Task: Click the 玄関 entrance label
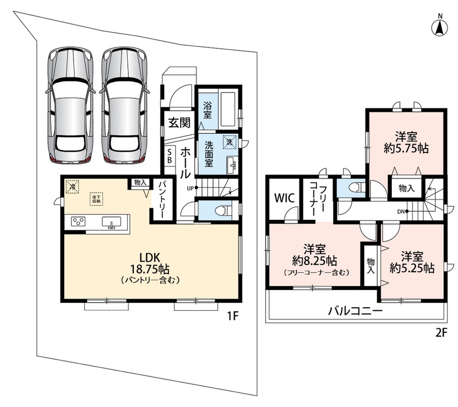[x=179, y=123]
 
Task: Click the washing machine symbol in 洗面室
[x=230, y=142]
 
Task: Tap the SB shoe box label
[x=169, y=156]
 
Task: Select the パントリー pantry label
[x=162, y=200]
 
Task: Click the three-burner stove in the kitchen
[x=78, y=221]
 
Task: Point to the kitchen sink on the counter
[x=111, y=222]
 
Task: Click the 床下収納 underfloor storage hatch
[x=96, y=199]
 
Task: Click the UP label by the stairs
[x=190, y=188]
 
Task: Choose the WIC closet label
[x=284, y=198]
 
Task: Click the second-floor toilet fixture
[x=357, y=187]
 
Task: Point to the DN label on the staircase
[x=400, y=211]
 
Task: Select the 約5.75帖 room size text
[x=406, y=149]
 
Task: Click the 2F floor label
[x=441, y=333]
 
